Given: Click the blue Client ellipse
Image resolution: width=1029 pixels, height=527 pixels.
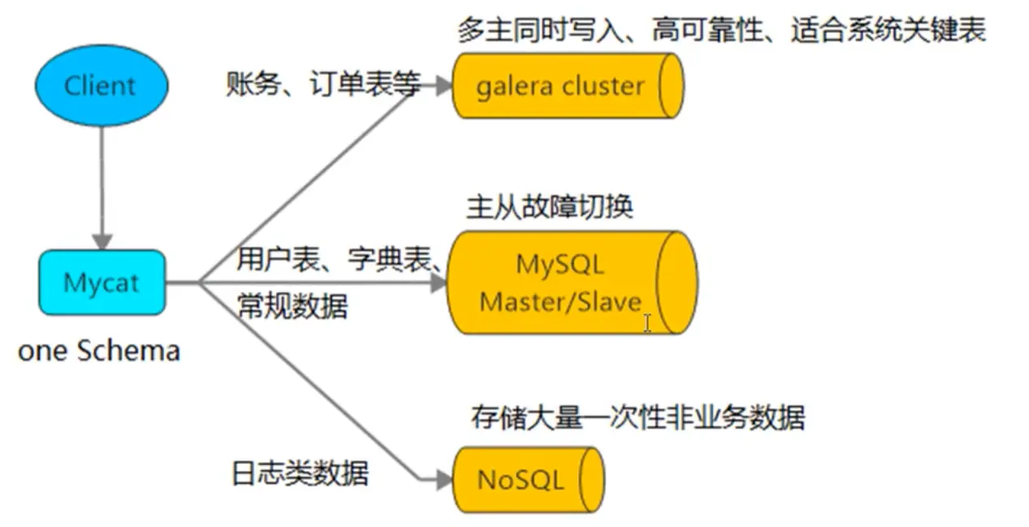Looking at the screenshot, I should (101, 85).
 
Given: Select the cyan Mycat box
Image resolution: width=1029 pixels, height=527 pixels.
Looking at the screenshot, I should (101, 283).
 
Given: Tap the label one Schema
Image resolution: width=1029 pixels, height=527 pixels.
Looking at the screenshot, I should (98, 351).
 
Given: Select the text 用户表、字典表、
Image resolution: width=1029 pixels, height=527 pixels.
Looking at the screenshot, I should (339, 260).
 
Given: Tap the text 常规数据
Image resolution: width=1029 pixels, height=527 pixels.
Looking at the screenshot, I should (293, 306).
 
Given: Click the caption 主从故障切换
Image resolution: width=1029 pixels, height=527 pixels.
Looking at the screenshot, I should (549, 206).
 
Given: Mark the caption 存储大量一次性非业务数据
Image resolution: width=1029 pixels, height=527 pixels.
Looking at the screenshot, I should (638, 418).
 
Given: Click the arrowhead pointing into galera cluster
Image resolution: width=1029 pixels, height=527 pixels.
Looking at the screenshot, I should (441, 86).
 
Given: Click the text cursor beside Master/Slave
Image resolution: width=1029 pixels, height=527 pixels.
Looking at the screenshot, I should (647, 323).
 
